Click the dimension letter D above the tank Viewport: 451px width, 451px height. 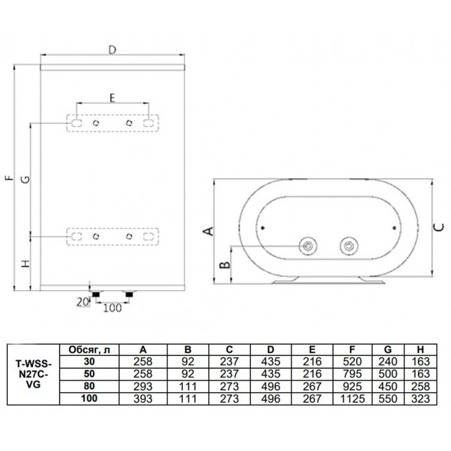click(112, 50)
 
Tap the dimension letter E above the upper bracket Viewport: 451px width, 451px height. click(112, 98)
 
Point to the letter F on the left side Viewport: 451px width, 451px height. click(10, 177)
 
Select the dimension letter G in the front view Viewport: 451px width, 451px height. click(26, 179)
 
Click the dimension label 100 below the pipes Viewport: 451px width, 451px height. click(112, 308)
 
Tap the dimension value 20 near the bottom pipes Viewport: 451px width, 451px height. click(83, 302)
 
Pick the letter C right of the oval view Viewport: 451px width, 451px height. click(438, 227)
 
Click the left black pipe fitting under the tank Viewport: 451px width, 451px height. click(96, 294)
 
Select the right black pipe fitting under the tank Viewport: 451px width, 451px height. click(129, 294)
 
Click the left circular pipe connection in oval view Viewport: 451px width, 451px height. click(308, 246)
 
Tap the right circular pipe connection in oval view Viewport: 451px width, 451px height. click(349, 246)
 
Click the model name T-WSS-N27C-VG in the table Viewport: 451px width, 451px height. click(33, 375)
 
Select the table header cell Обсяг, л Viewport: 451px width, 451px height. click(89, 350)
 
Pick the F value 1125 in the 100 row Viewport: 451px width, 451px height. click(352, 399)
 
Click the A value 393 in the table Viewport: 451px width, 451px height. click(143, 399)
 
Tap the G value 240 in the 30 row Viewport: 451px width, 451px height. click(388, 361)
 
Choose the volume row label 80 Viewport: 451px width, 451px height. click(89, 385)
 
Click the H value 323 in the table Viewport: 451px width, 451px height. click(420, 399)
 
